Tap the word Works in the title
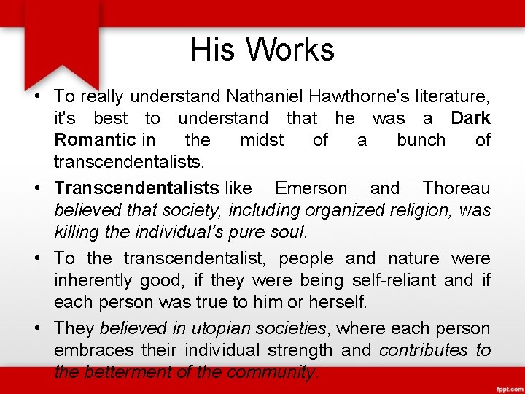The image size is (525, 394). [x=290, y=50]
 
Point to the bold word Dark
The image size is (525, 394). [x=470, y=118]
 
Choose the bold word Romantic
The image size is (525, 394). [x=95, y=140]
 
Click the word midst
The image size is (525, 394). [x=262, y=140]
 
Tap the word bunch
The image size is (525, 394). [x=421, y=140]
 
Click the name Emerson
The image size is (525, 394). [x=311, y=188]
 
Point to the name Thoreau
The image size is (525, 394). [x=456, y=188]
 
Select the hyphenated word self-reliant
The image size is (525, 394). [x=394, y=280]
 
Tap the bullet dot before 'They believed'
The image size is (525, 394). [x=36, y=328]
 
